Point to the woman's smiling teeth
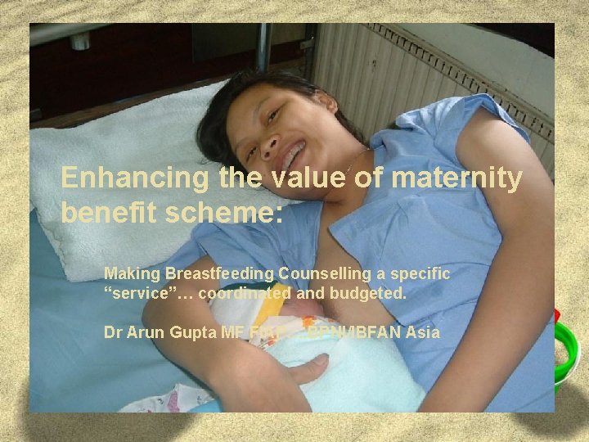(x=294, y=155)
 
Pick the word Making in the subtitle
(x=133, y=273)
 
